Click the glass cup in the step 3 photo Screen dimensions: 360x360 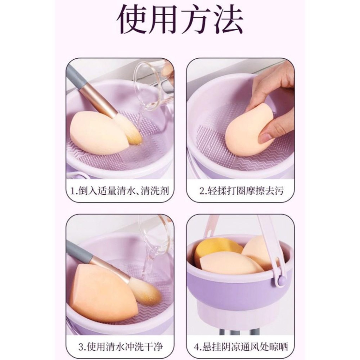pyautogui.click(x=155, y=238)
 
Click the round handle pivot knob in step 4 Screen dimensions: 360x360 pyautogui.click(x=282, y=280)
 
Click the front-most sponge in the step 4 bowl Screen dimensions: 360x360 pyautogui.click(x=230, y=265)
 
